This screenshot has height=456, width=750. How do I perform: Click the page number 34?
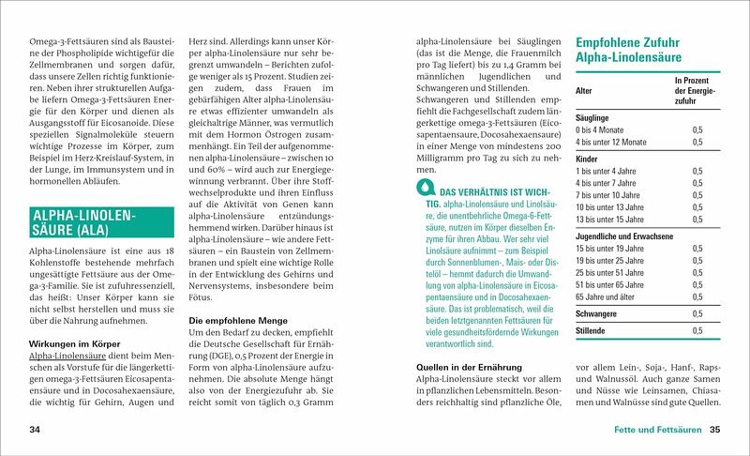tap(36, 430)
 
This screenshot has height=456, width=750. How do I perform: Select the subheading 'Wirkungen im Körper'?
tap(74, 343)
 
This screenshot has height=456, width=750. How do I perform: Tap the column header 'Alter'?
tap(584, 92)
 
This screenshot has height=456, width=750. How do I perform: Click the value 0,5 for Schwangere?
tap(697, 313)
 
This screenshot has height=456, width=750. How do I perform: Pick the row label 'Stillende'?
tap(592, 331)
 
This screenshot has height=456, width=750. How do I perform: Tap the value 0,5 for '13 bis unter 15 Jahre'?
tap(697, 219)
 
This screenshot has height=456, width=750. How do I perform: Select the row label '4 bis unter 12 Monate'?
tap(612, 142)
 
